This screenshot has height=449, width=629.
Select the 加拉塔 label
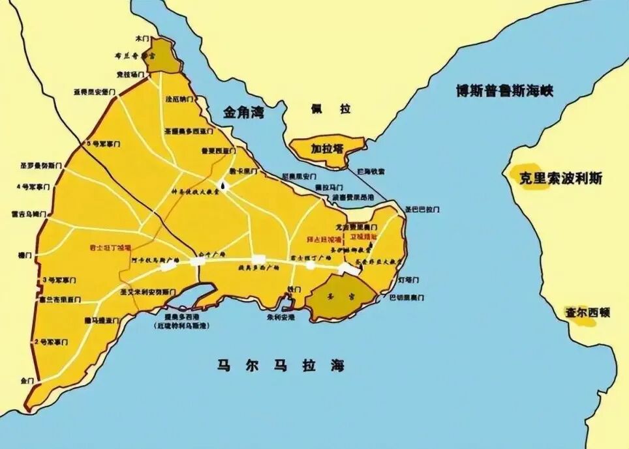[x=327, y=149]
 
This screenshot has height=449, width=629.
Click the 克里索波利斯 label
[x=560, y=178]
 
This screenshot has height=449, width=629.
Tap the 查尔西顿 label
[x=587, y=312]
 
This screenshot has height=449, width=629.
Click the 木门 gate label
[x=142, y=39]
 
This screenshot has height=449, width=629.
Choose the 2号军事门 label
[x=52, y=341]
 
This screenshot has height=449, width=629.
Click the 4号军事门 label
[x=33, y=187]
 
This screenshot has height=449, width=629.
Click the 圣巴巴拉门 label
[x=422, y=210]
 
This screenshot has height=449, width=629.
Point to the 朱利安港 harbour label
[x=281, y=317]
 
